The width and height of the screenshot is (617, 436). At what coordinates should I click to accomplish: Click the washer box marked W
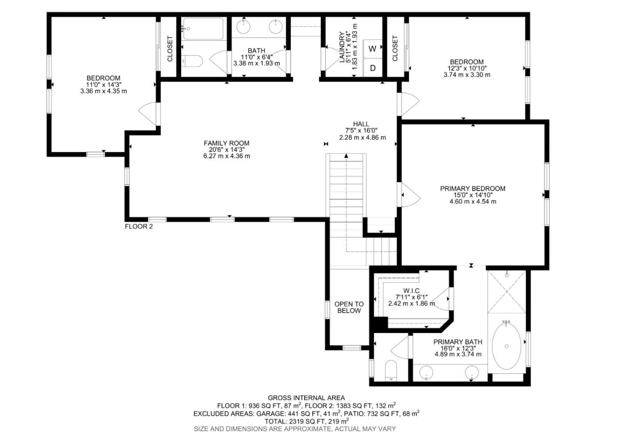point(372,48)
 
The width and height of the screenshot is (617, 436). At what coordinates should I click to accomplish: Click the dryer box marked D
point(372,68)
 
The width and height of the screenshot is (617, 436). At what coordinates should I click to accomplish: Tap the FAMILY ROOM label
point(226,143)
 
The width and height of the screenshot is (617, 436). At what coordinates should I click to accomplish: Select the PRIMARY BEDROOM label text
point(473,188)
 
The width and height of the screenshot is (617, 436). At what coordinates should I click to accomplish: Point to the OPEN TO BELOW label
point(349,307)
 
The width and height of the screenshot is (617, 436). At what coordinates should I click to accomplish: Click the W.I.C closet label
point(411,291)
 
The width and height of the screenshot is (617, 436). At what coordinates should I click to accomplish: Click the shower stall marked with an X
point(506,292)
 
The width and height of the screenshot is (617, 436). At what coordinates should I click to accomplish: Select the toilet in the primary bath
point(391,370)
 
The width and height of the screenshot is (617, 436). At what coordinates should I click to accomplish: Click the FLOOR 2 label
point(138,226)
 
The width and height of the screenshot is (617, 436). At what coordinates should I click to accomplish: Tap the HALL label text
point(361,124)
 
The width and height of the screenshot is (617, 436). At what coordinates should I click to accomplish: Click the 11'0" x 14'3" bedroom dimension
point(103,84)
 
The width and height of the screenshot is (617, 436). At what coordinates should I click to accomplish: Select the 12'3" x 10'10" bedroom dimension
point(467,68)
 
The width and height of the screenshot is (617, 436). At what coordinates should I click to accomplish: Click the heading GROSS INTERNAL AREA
point(306,398)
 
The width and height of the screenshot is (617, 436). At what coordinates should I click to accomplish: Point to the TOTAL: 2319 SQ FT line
point(306,421)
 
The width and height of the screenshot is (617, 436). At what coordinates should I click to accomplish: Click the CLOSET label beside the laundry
point(395,48)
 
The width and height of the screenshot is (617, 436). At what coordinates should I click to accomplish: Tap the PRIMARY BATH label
point(458,342)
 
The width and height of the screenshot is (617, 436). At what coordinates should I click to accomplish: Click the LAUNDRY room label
point(341,47)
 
